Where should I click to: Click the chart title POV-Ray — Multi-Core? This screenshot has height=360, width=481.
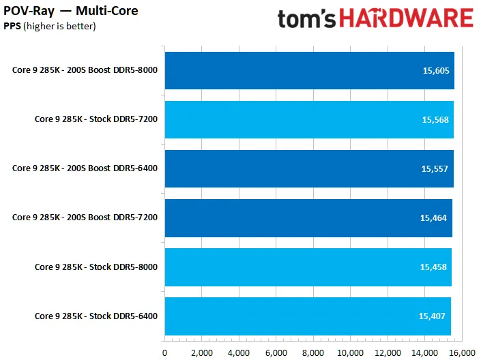(71, 11)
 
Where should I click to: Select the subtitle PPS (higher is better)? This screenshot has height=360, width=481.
(50, 26)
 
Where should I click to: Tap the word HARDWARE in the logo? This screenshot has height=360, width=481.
(407, 18)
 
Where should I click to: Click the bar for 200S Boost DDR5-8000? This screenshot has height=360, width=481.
(310, 70)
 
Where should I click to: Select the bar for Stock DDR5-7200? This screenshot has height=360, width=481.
(309, 119)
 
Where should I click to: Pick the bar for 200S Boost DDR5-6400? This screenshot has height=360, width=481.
(309, 168)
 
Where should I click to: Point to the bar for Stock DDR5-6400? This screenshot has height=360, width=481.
(308, 316)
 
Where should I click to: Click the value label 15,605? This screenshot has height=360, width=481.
(436, 71)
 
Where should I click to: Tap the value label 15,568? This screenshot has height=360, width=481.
(435, 120)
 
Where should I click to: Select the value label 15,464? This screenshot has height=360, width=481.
(433, 218)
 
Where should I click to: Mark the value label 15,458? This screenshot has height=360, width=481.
(433, 267)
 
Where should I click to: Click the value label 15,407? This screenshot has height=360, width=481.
(432, 316)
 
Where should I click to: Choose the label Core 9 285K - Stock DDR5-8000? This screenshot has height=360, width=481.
(96, 267)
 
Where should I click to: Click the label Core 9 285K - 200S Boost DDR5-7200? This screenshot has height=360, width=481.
(85, 217)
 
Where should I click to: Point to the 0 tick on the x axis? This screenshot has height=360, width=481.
(164, 353)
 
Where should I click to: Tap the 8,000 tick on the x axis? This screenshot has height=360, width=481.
(313, 353)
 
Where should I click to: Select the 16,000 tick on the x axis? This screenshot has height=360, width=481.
(462, 353)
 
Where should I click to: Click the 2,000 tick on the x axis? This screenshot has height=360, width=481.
(202, 353)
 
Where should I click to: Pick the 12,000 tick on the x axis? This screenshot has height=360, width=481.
(388, 353)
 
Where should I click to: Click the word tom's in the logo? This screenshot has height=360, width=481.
(306, 19)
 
